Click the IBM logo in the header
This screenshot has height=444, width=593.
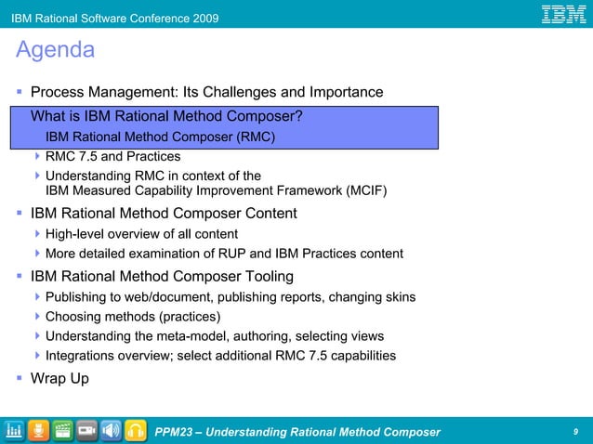point(563,14)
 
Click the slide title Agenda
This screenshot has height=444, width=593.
point(55,50)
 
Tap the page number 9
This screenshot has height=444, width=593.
point(576,431)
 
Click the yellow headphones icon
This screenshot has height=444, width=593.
point(136,431)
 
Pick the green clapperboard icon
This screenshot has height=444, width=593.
point(63,431)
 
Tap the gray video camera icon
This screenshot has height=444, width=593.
point(87,431)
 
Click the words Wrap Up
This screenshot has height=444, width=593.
point(59,378)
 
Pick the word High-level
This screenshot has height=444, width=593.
point(77,233)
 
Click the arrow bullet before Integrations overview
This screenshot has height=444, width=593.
point(37,356)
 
